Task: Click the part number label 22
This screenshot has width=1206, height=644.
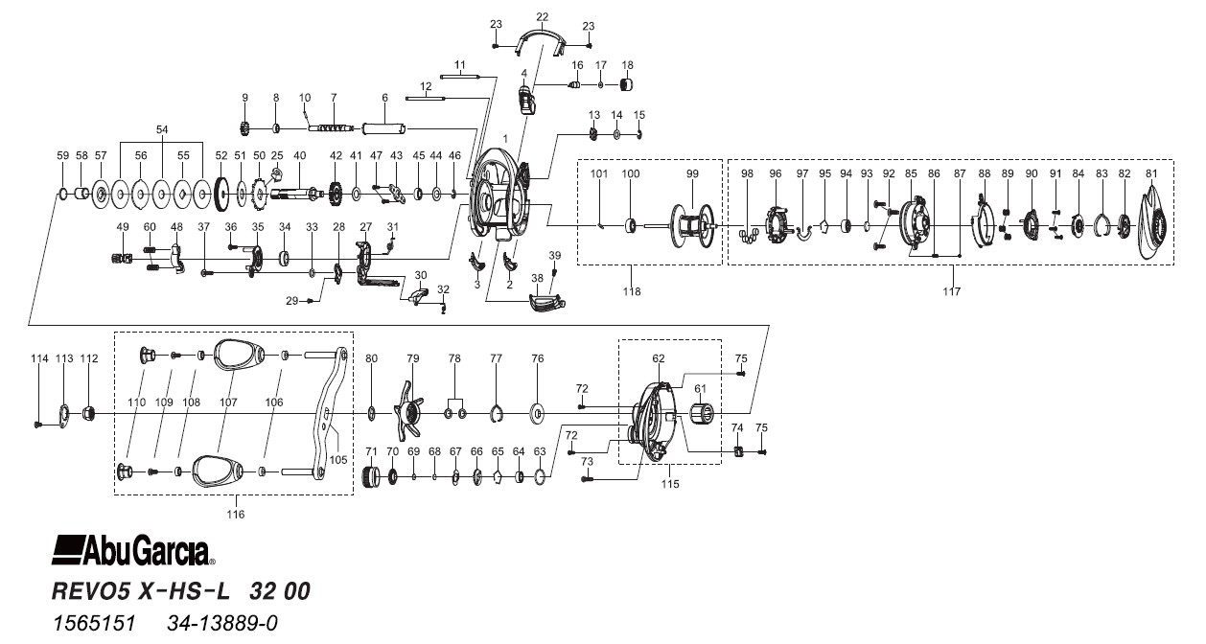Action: [542, 17]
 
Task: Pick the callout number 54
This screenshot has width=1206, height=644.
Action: [161, 128]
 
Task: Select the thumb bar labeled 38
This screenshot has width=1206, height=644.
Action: [545, 306]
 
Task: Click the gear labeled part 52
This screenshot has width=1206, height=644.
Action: [221, 196]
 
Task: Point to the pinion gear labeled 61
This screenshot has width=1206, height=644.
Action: [703, 415]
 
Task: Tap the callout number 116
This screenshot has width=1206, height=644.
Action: [235, 515]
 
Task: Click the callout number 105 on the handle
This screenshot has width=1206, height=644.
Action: [337, 458]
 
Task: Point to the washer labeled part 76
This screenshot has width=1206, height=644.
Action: [537, 414]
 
